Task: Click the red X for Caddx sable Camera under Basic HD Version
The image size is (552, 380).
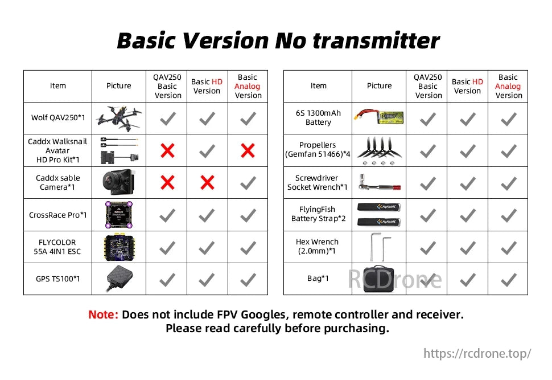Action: (x=208, y=182)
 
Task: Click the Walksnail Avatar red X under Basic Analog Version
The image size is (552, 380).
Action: (x=248, y=150)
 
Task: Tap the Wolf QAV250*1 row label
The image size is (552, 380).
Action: (x=58, y=118)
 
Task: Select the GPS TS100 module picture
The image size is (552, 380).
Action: (x=119, y=278)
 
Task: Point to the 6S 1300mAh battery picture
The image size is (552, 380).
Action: (x=379, y=117)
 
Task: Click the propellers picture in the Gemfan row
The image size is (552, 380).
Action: (x=379, y=150)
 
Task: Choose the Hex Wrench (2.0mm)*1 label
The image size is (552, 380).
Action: (x=318, y=246)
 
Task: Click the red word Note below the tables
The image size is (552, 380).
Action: (x=104, y=314)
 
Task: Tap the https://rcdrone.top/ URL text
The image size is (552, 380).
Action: (x=477, y=353)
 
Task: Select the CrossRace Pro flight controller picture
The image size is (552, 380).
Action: (x=119, y=215)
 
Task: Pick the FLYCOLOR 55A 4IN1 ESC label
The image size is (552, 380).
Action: (x=58, y=246)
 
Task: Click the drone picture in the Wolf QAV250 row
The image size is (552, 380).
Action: (x=119, y=118)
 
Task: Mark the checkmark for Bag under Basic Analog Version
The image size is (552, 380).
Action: (x=508, y=279)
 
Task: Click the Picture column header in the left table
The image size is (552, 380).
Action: (x=119, y=86)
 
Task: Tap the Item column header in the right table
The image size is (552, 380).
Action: (x=319, y=86)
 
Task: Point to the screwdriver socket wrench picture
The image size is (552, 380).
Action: (x=379, y=182)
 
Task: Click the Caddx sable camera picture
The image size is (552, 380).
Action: (x=119, y=182)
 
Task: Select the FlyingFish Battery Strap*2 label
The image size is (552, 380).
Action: (x=318, y=214)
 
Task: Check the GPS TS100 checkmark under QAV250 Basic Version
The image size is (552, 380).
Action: (x=167, y=279)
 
